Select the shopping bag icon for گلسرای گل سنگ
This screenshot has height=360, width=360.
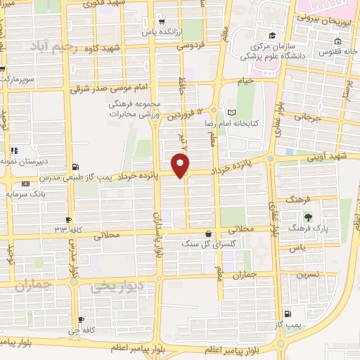pyautogui.click(x=208, y=234)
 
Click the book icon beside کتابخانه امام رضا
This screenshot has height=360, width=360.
pyautogui.click(x=231, y=112)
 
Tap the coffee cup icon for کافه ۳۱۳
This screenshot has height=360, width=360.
pyautogui.click(x=68, y=219)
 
